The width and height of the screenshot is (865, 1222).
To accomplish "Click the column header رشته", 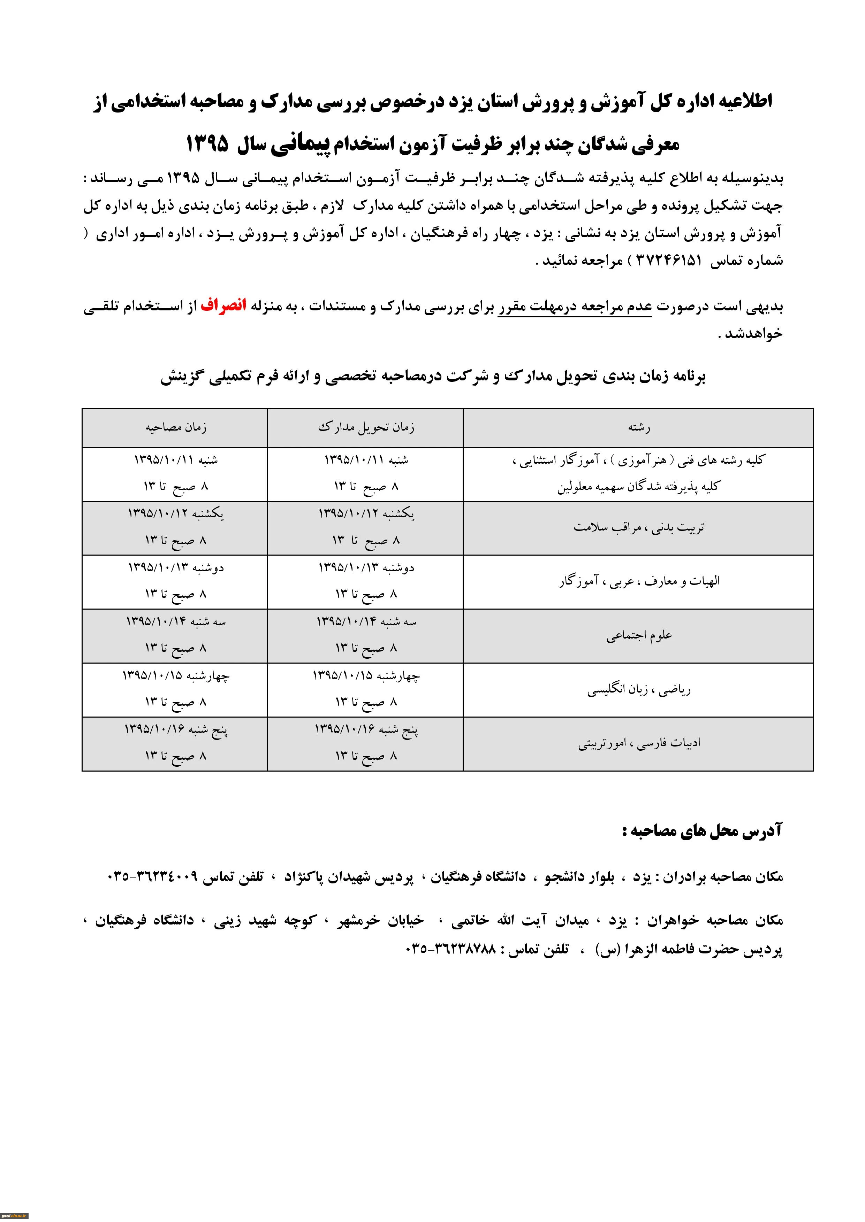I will (639, 427).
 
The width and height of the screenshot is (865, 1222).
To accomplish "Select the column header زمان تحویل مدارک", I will (365, 427).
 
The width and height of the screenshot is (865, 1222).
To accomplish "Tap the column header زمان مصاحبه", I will (176, 427).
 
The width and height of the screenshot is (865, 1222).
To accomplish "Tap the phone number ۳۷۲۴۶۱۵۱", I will (669, 261).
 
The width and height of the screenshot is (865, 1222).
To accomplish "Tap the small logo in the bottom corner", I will (14, 1216).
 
